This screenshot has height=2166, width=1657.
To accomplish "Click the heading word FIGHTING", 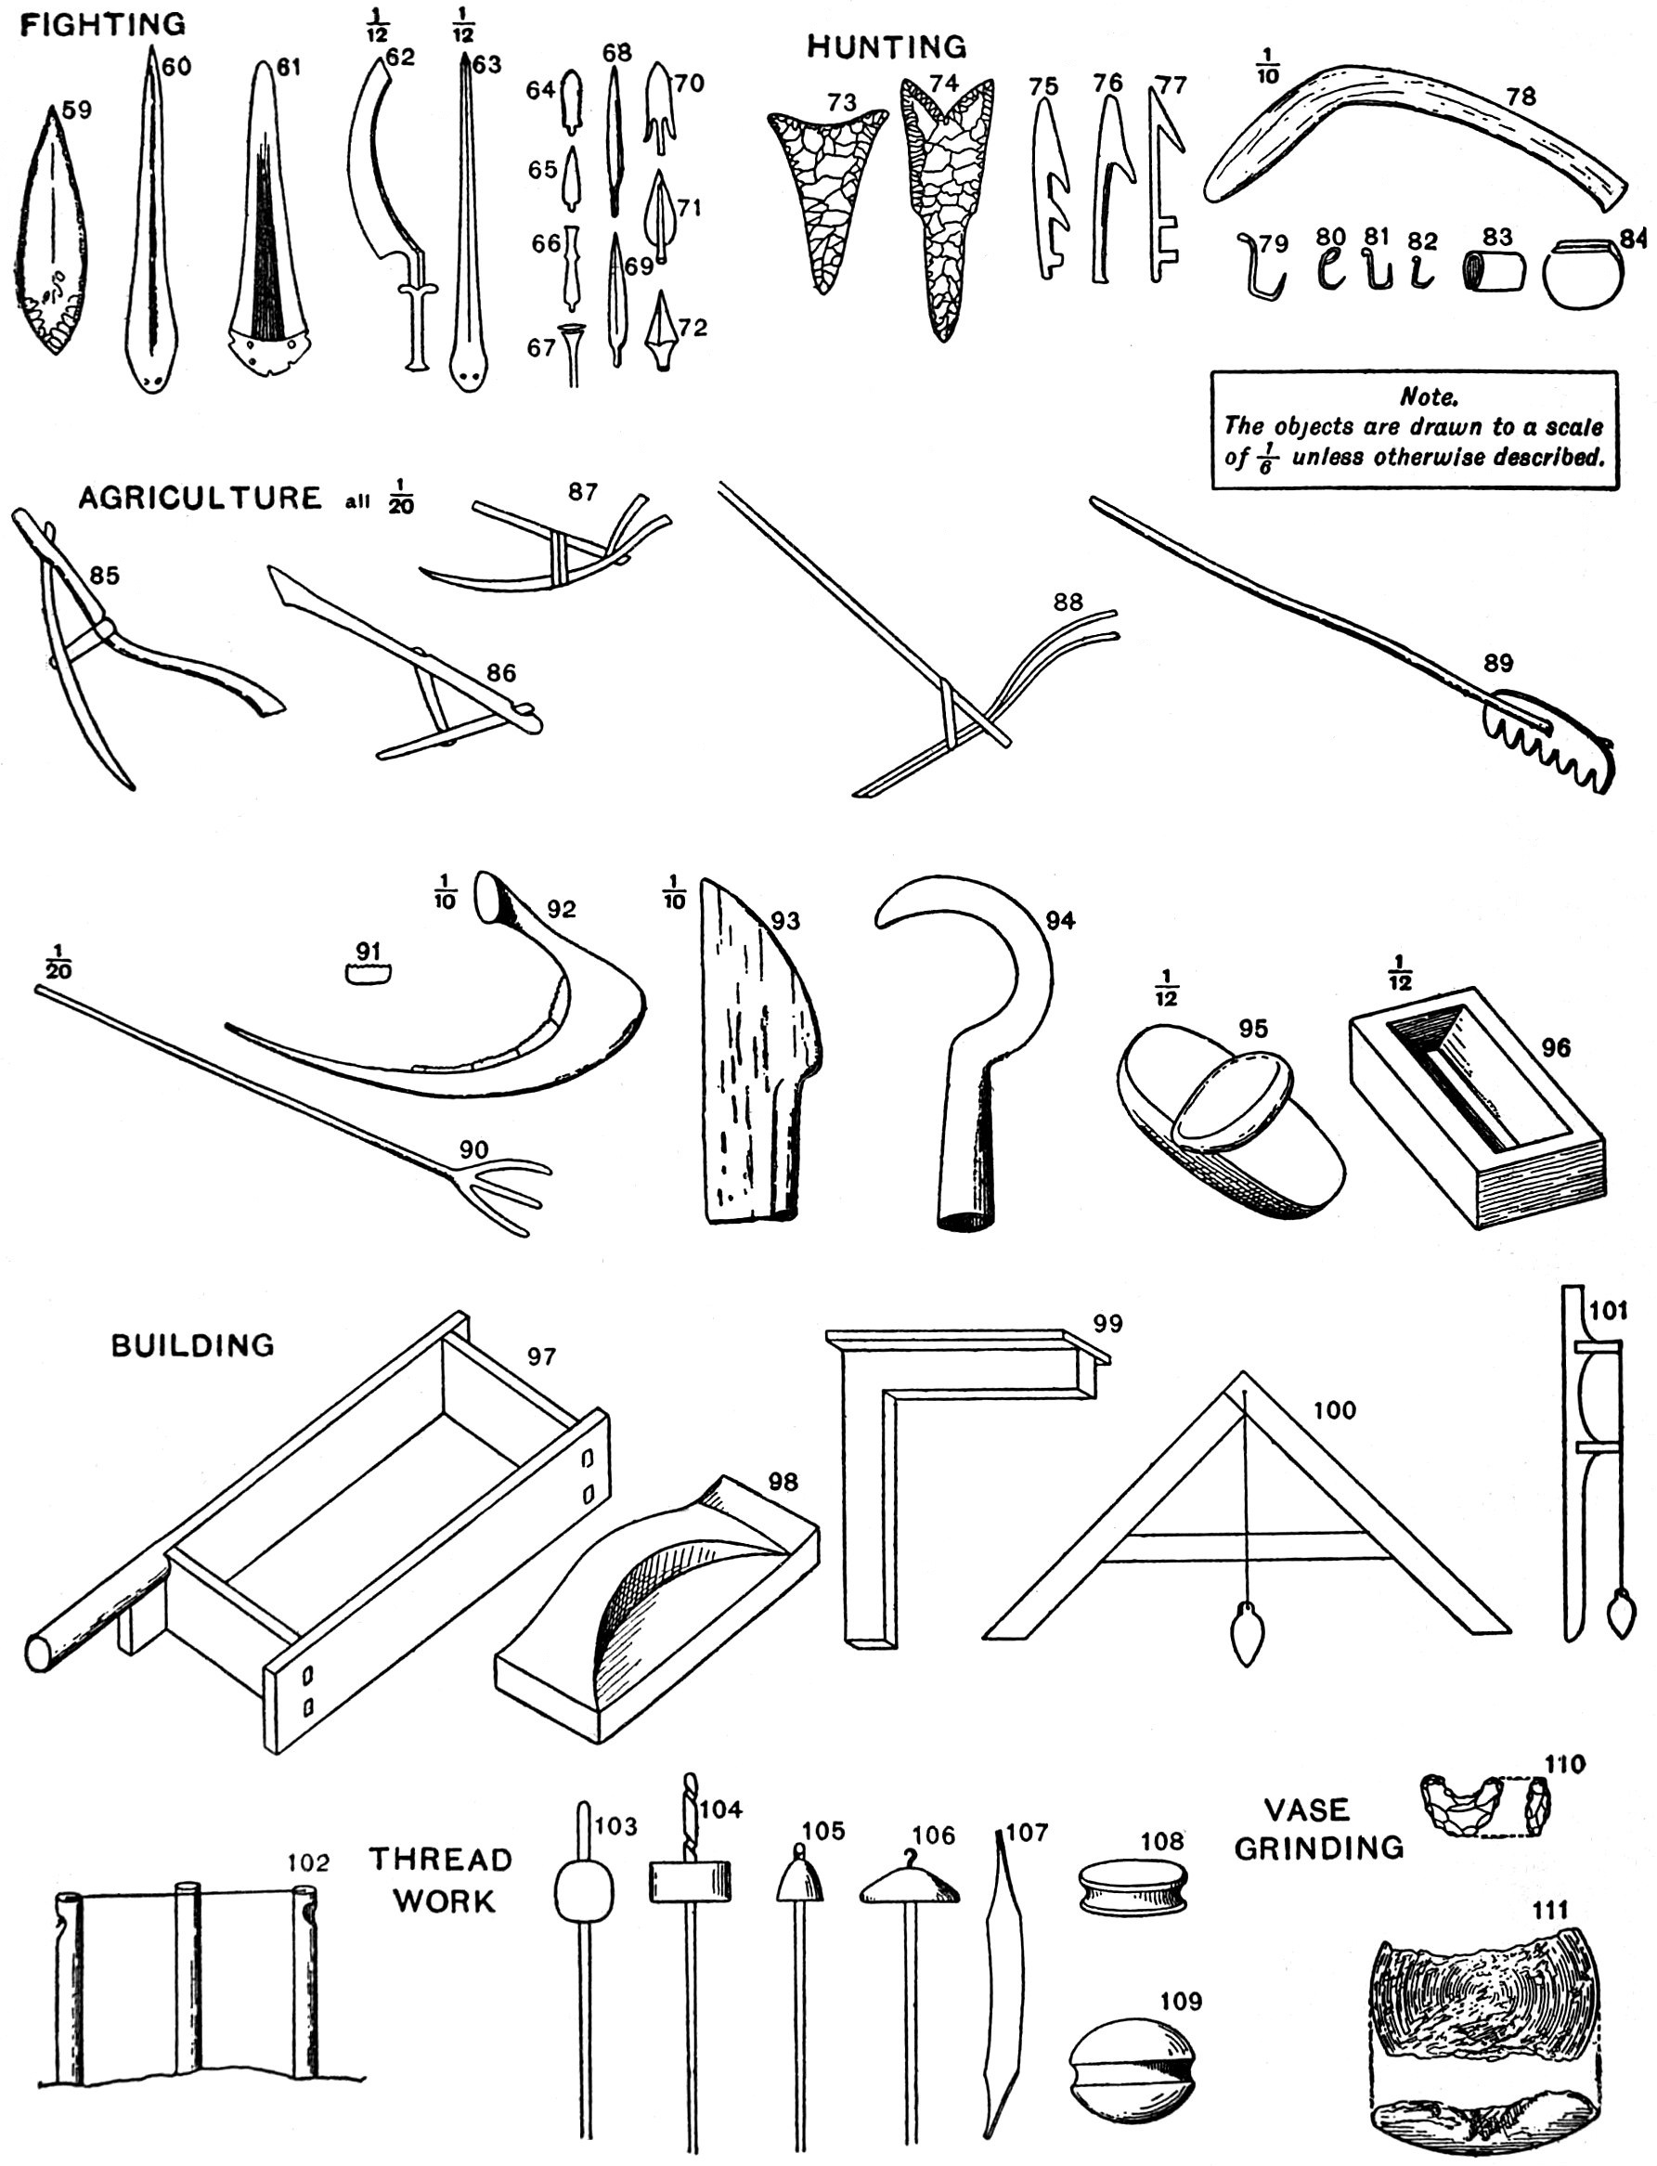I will pos(102,25).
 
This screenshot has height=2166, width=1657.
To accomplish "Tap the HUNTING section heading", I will pos(887,46).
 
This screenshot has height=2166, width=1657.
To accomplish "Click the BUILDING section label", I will pos(192,1345).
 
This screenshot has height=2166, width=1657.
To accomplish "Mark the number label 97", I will pos(540,1356).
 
